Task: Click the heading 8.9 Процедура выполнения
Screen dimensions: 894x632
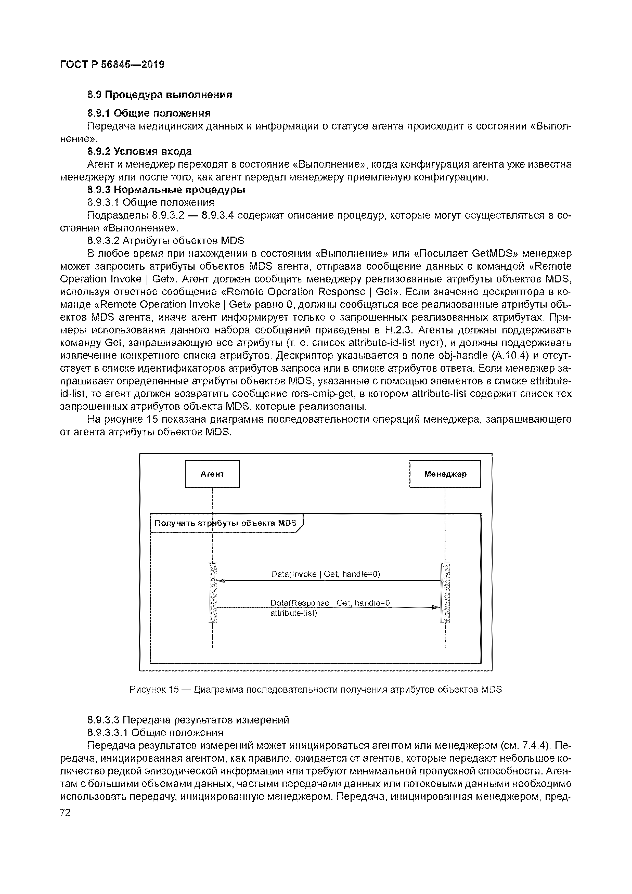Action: [159, 95]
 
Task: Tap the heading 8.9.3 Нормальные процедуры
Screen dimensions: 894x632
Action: [166, 190]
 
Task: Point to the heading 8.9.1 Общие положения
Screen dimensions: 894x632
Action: [149, 113]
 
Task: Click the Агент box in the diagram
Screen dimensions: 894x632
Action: [212, 474]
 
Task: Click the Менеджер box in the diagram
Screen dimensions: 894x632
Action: [445, 474]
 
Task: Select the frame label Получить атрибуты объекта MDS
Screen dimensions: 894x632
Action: [225, 523]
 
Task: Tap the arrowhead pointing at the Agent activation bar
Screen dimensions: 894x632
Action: [221, 580]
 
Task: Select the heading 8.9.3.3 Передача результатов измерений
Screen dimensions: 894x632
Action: [188, 720]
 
